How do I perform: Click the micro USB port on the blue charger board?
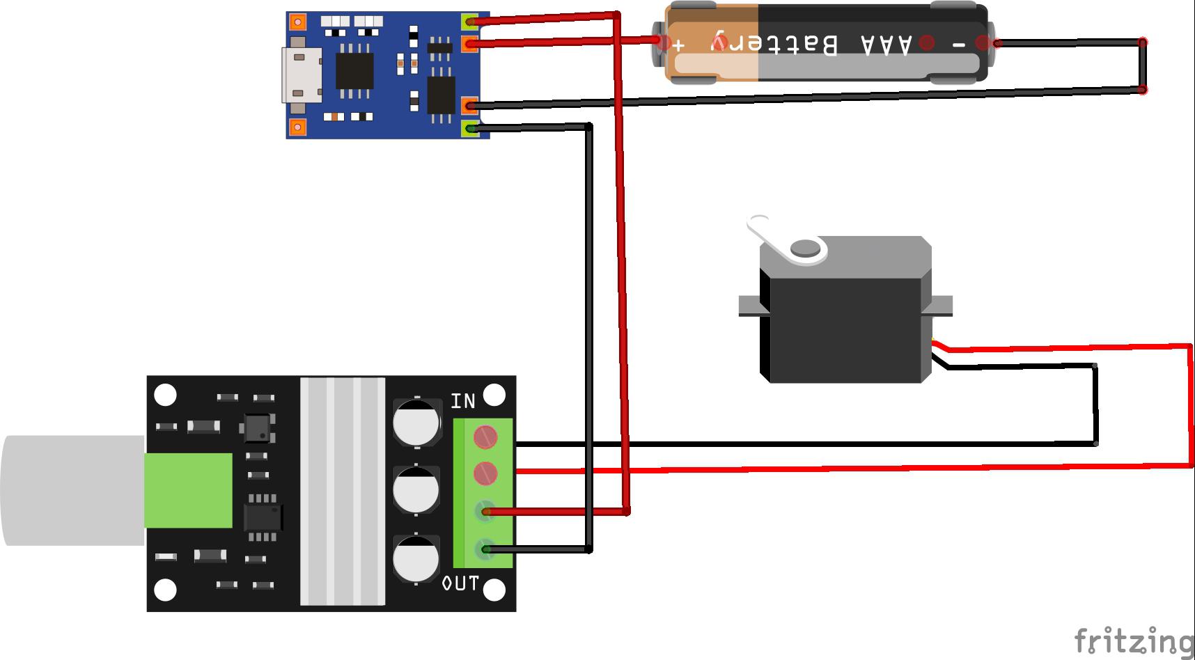(x=302, y=76)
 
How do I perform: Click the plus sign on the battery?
(x=679, y=45)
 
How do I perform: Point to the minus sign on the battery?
(x=959, y=44)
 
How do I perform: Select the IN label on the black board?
(x=463, y=401)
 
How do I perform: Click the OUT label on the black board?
(x=461, y=583)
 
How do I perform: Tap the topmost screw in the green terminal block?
(x=485, y=437)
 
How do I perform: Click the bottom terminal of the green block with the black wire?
(x=485, y=549)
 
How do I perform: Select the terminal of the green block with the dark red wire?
(x=485, y=512)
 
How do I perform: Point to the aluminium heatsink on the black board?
(x=342, y=492)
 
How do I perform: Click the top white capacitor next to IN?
(x=416, y=422)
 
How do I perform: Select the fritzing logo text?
(x=1133, y=641)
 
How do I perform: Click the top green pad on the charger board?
(x=471, y=22)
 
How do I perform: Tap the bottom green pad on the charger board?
(x=471, y=128)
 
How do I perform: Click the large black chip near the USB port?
(x=354, y=71)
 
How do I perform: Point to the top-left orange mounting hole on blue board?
(x=297, y=22)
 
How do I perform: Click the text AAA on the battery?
(x=886, y=44)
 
